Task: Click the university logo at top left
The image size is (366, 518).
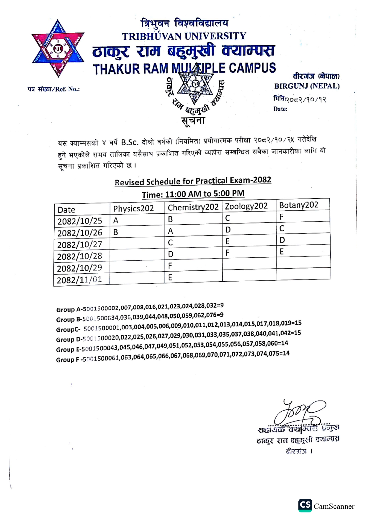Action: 58,48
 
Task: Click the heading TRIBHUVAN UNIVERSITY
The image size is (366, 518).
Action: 184,36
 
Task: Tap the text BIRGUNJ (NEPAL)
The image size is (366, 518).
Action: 307,86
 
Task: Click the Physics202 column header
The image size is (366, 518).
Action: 133,209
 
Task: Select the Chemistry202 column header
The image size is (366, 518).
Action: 193,207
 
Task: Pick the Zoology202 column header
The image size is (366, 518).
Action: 246,206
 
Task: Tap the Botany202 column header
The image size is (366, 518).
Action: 299,205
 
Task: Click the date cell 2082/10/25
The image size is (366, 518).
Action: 80,221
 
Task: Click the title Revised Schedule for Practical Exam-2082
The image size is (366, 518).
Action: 193,181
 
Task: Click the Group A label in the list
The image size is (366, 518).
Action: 68,310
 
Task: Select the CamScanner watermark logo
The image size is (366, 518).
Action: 305,505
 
